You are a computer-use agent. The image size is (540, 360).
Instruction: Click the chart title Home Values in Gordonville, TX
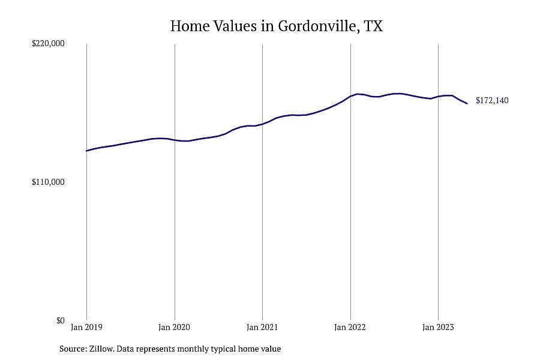coord(277,26)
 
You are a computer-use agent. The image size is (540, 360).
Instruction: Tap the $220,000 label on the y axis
coord(48,44)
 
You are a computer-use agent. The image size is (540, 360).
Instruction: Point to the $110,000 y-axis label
coord(48,182)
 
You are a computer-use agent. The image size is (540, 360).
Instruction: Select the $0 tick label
coord(60,320)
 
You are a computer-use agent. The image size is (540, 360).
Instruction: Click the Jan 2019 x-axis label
coord(86,326)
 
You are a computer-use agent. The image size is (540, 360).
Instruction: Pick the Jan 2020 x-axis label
coord(174,326)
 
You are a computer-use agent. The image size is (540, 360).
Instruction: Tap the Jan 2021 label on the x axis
coord(262,326)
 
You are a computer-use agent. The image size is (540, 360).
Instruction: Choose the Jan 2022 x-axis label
coord(350,326)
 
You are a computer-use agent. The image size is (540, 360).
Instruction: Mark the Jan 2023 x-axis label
coord(438,326)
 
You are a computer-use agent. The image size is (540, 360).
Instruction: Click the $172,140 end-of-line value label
coord(492,101)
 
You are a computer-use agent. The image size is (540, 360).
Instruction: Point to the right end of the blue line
coord(467,103)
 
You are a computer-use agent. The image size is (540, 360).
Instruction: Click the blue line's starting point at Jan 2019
coord(86,151)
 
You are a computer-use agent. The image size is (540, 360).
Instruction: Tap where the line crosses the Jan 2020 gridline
coord(175,140)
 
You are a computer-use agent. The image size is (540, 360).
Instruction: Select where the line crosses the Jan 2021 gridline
coord(262,124)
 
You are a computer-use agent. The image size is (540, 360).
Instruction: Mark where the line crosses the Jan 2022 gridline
coord(350,96)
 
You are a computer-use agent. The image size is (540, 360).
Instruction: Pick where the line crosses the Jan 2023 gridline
coord(438,97)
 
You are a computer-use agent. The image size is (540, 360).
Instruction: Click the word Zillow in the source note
coord(101,349)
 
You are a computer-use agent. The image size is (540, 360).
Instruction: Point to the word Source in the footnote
coord(73,349)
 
